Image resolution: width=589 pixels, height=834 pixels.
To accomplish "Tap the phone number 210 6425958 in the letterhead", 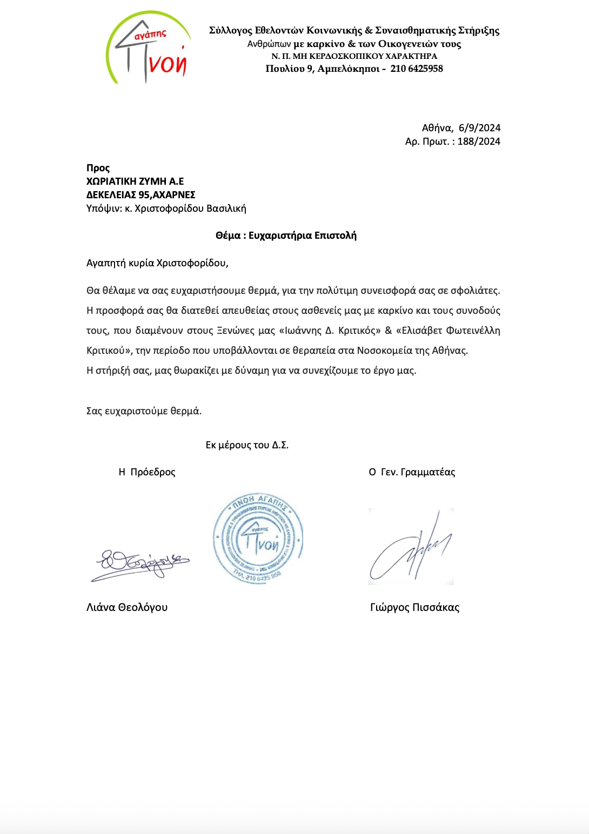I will click(417, 69).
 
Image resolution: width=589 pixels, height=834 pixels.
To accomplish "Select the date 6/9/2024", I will click(479, 128).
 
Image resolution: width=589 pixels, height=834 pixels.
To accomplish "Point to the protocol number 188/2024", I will click(479, 142).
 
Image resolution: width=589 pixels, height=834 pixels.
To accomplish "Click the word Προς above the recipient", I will click(98, 168).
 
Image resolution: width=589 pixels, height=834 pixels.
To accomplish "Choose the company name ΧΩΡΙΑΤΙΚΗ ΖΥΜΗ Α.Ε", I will click(135, 181).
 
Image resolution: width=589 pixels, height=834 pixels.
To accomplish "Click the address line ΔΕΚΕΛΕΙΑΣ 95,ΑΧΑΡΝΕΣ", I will click(140, 195).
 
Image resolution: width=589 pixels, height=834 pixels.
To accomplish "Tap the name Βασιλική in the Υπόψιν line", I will click(226, 208).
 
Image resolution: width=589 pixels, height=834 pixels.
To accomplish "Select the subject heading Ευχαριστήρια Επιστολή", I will click(302, 236).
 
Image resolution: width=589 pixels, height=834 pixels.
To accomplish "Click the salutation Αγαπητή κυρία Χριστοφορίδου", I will click(157, 263).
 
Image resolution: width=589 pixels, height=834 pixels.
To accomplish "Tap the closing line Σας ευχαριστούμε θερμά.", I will click(144, 411).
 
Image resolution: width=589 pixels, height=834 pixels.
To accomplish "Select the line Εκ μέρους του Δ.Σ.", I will click(247, 445).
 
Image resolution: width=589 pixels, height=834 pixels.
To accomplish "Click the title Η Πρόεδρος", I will click(147, 472).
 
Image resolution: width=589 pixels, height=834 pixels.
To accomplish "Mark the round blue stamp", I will click(258, 538).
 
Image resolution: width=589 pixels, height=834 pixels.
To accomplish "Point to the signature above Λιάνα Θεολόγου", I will click(140, 564).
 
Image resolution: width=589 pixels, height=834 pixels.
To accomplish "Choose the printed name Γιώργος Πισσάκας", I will click(414, 608).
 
